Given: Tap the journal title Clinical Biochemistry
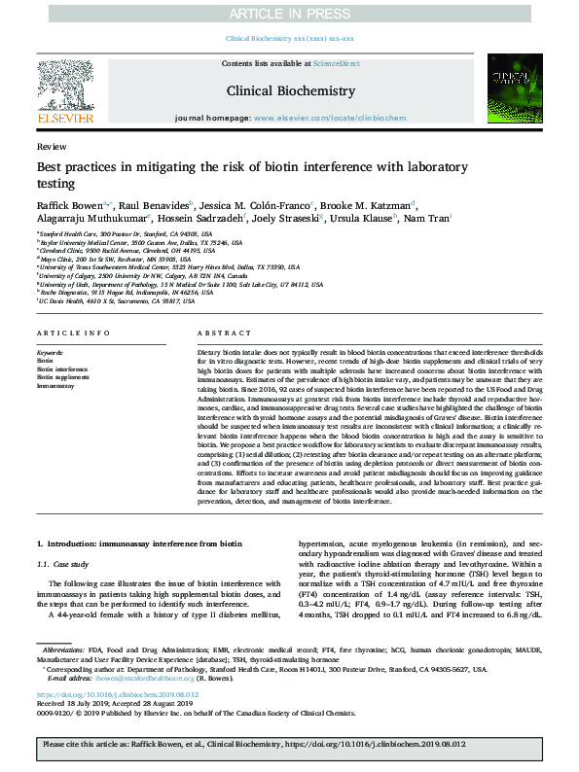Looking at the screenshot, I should click(289, 89).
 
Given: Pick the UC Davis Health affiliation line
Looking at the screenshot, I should click(112, 301).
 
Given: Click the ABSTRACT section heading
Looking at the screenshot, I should click(219, 332).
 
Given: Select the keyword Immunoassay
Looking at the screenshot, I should click(54, 386).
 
